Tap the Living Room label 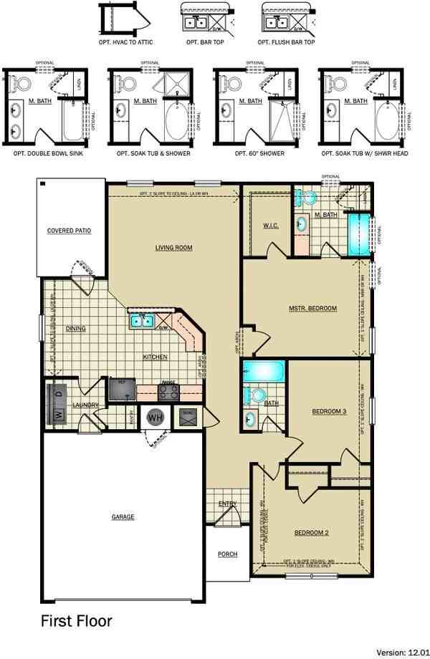point(174,248)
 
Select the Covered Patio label point(68,231)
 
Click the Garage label point(123,516)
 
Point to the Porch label point(227,554)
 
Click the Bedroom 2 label point(311,532)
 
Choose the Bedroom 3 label point(329,411)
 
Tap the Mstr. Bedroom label point(312,308)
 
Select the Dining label point(75,329)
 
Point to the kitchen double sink point(140,319)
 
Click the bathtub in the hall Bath point(264,372)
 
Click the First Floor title point(76,620)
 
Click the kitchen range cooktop point(168,391)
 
